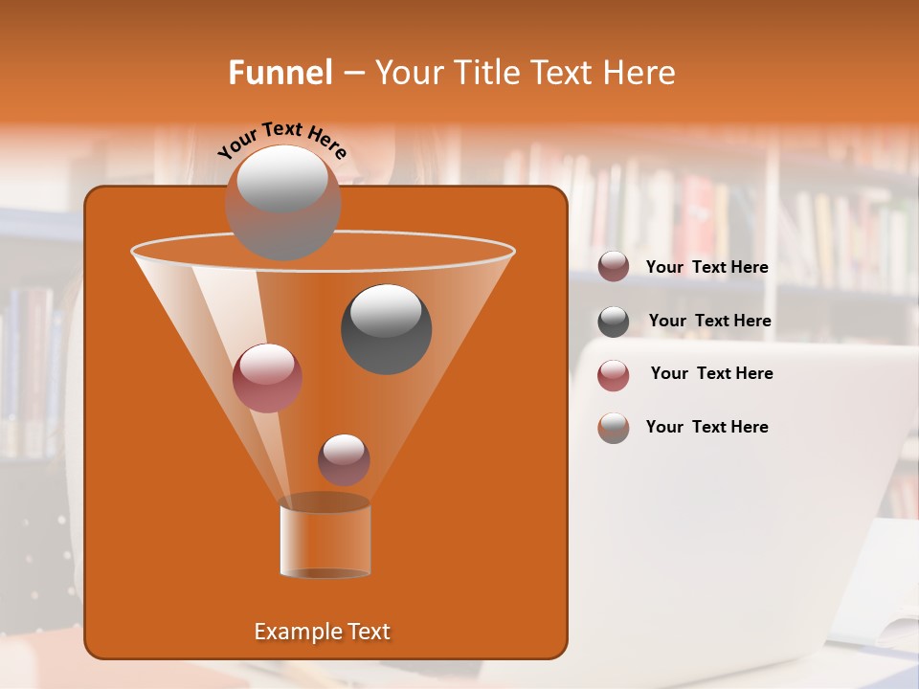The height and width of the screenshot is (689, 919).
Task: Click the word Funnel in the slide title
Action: (x=280, y=73)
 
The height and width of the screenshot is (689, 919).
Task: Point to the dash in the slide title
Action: (x=352, y=74)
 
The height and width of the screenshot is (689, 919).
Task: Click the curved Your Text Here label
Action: (x=281, y=139)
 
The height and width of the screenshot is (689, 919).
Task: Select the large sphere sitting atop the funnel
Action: (x=282, y=202)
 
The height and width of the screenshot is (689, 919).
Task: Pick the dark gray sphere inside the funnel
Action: (x=386, y=328)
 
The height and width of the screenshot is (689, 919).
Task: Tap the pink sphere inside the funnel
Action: (x=267, y=377)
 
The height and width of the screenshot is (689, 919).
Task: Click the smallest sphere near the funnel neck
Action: (x=344, y=458)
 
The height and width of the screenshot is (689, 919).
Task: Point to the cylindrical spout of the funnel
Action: (x=325, y=538)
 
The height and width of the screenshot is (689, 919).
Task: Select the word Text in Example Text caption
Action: (x=368, y=632)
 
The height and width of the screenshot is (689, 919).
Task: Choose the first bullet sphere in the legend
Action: (x=614, y=267)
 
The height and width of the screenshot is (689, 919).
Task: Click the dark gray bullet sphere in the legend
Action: (x=614, y=321)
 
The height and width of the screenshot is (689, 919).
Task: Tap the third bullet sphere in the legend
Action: (x=614, y=374)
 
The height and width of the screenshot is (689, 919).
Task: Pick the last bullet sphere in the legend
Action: (x=614, y=427)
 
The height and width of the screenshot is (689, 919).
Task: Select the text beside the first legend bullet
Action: (x=706, y=267)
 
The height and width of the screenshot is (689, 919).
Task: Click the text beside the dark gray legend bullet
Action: (x=709, y=321)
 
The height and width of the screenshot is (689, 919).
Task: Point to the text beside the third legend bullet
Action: (x=711, y=373)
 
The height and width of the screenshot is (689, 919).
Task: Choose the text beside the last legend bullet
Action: (x=706, y=427)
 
